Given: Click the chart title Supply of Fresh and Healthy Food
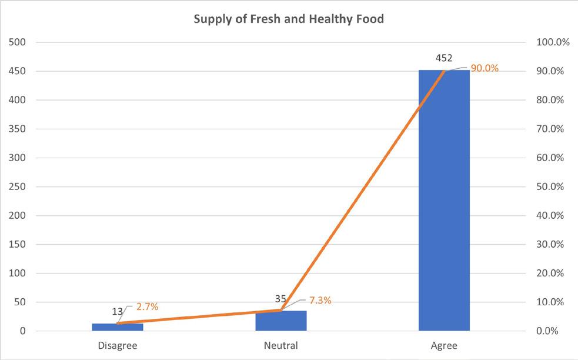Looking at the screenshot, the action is (x=289, y=19).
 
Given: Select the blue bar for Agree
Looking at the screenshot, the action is (x=444, y=200).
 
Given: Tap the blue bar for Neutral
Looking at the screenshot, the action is (x=281, y=321).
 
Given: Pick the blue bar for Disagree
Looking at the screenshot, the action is (x=118, y=327).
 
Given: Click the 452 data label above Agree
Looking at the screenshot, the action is (x=444, y=58).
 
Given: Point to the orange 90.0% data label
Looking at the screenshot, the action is (x=485, y=68).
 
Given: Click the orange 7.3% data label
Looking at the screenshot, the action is (x=320, y=301).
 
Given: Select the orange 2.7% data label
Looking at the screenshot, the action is (x=148, y=306).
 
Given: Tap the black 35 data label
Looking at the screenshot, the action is (x=280, y=298).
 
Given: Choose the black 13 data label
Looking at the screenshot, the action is (x=117, y=312).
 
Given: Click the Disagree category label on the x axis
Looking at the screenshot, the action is (x=118, y=346).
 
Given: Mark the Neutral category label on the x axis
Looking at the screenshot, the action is (x=281, y=346).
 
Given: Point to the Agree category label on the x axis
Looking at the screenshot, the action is (x=444, y=346).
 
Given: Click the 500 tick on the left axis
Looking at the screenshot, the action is (x=17, y=42).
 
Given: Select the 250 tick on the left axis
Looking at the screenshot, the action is (x=17, y=186).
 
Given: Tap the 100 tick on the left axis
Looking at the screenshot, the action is (x=17, y=274).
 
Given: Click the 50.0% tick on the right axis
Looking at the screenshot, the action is (x=550, y=186).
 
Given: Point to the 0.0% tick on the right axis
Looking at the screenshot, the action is (x=548, y=331).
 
